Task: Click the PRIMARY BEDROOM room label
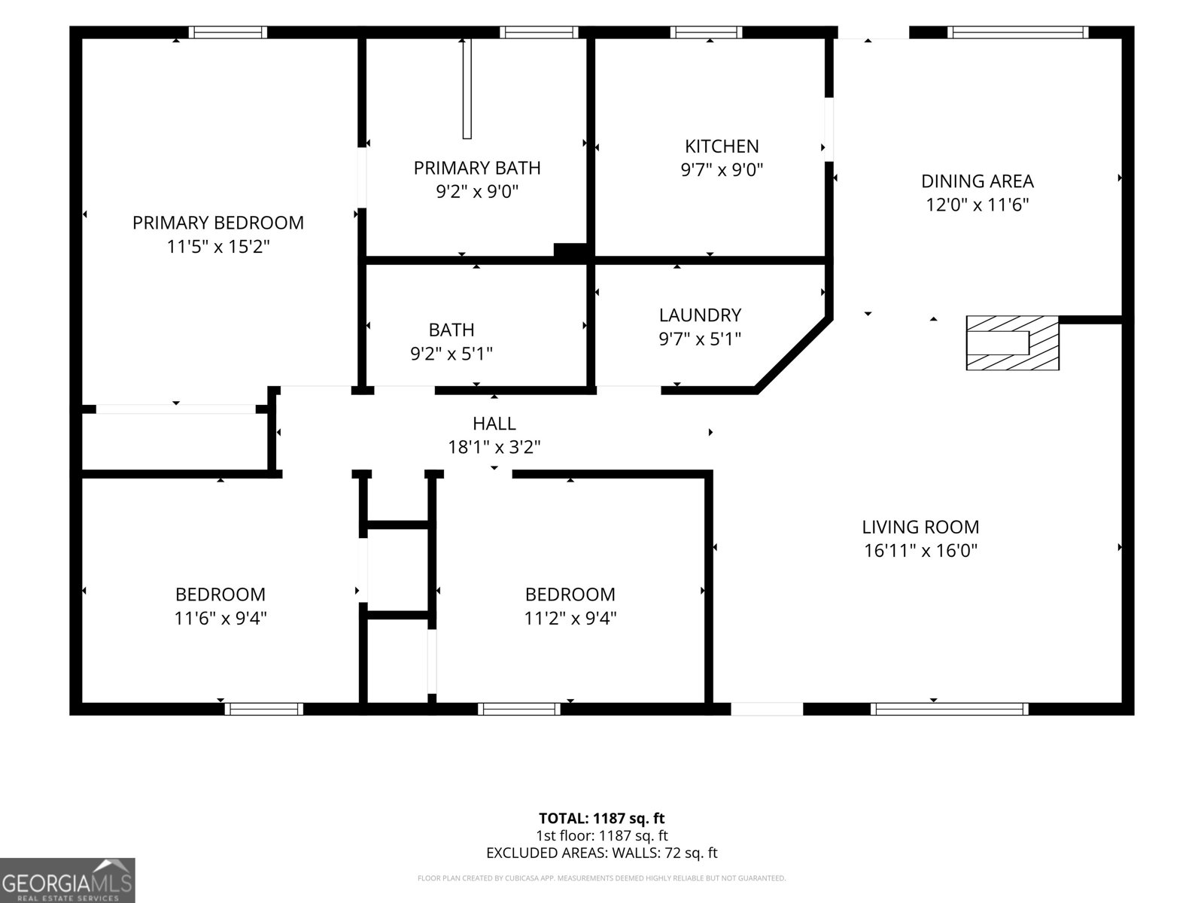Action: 217,223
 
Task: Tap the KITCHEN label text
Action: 722,147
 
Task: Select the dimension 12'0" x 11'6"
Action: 977,205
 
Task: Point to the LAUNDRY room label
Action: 699,315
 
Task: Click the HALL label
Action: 494,423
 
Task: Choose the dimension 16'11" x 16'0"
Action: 920,550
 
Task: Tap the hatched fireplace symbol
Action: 1012,342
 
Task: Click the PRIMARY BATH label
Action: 476,168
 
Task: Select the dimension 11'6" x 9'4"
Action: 220,618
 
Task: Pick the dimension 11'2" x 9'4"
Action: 570,618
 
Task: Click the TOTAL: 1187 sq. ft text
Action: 601,818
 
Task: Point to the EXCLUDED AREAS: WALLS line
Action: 601,853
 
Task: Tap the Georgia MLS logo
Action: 68,880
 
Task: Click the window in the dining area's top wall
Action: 1017,32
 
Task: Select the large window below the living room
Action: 949,709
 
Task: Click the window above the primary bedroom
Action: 228,32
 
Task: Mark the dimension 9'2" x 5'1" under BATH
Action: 451,354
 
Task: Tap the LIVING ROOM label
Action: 920,527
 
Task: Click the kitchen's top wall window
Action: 706,32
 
